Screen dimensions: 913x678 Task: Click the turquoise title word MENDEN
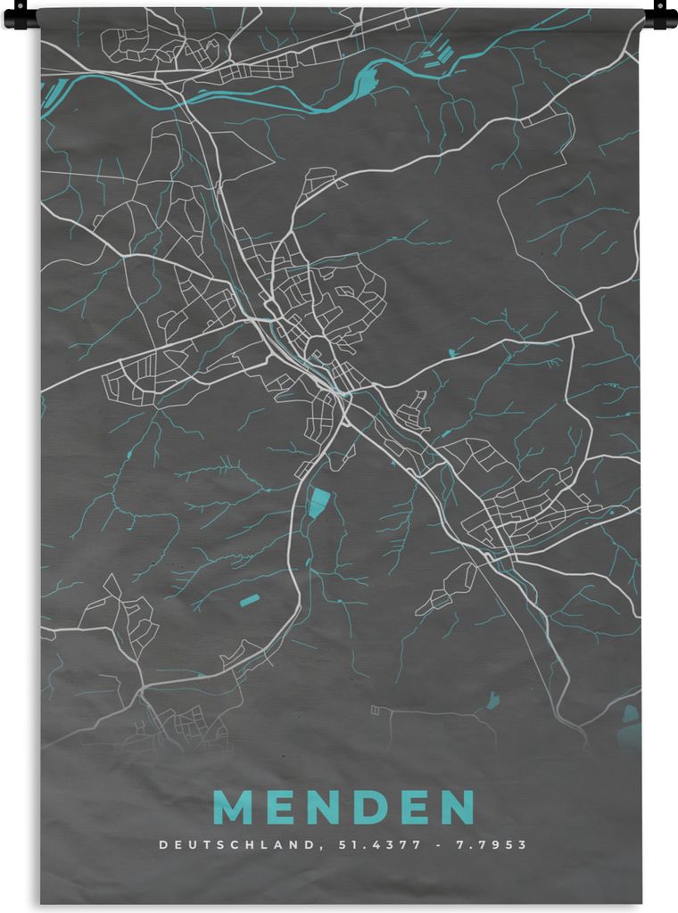click(x=343, y=807)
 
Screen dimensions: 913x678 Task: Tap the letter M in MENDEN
click(x=234, y=807)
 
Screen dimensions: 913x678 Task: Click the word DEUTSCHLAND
click(x=236, y=844)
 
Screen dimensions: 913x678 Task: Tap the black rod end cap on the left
click(x=20, y=16)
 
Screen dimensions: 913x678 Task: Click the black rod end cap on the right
click(x=660, y=16)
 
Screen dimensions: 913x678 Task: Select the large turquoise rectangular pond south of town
click(x=318, y=503)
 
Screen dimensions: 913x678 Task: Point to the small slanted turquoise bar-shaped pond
click(x=248, y=599)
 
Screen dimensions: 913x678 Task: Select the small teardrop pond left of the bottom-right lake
click(x=492, y=702)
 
